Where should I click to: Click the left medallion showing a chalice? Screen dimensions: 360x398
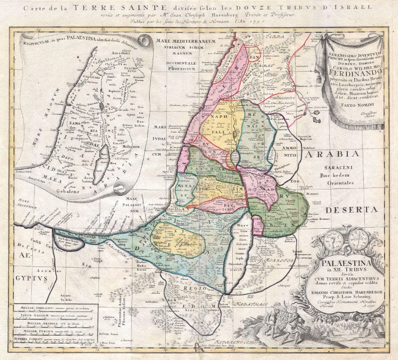(333, 240)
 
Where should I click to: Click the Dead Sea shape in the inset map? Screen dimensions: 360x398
(105, 164)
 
